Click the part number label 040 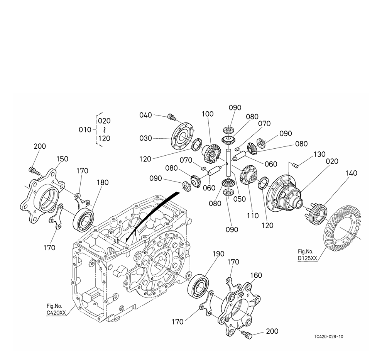click(146, 115)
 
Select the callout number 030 click(146, 138)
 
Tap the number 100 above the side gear click(207, 114)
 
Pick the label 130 click(319, 155)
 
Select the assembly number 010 click(85, 129)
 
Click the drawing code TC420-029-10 click(328, 336)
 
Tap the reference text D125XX click(308, 258)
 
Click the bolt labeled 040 click(171, 116)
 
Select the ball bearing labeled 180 click(83, 219)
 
